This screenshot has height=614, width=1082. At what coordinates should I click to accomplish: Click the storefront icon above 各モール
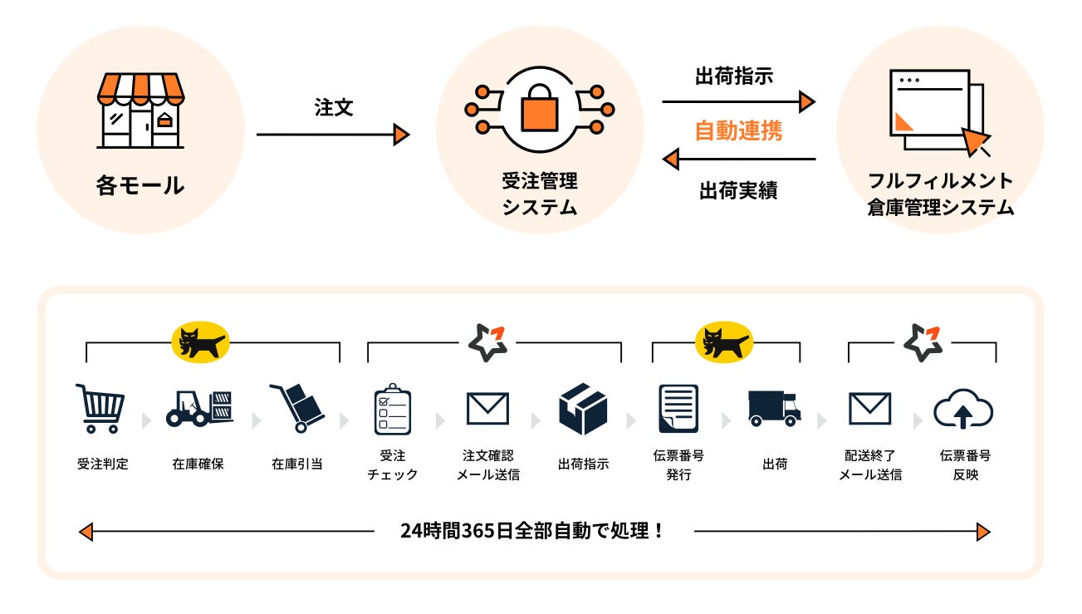(x=140, y=111)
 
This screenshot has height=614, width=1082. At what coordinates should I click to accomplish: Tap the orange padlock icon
(x=539, y=109)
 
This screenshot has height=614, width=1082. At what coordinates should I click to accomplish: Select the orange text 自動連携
(x=738, y=130)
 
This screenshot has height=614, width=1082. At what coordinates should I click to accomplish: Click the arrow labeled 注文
(x=332, y=135)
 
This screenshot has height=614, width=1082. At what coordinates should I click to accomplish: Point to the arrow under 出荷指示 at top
(x=738, y=102)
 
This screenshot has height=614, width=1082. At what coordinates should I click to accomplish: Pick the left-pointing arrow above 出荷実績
(x=738, y=159)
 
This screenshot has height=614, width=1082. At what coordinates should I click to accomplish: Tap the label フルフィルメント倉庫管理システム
(x=940, y=194)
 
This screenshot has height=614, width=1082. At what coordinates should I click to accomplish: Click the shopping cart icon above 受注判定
(x=101, y=408)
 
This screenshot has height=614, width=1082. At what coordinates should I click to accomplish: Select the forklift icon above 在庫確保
(x=199, y=408)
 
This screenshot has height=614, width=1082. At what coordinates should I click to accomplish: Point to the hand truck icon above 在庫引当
(x=296, y=408)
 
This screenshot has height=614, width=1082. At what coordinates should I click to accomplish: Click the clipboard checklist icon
(x=392, y=409)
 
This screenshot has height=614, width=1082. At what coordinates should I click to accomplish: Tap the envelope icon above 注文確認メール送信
(x=487, y=409)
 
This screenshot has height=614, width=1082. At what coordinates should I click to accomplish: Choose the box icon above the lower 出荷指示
(x=583, y=408)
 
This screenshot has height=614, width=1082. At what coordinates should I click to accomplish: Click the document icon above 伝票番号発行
(x=678, y=408)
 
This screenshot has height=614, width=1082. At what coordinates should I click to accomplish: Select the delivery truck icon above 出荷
(x=774, y=408)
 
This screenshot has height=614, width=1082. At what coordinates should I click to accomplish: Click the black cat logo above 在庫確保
(x=199, y=341)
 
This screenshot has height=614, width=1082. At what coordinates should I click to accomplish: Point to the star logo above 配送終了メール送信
(x=923, y=342)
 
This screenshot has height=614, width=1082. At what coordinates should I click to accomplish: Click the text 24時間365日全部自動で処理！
(x=533, y=531)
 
